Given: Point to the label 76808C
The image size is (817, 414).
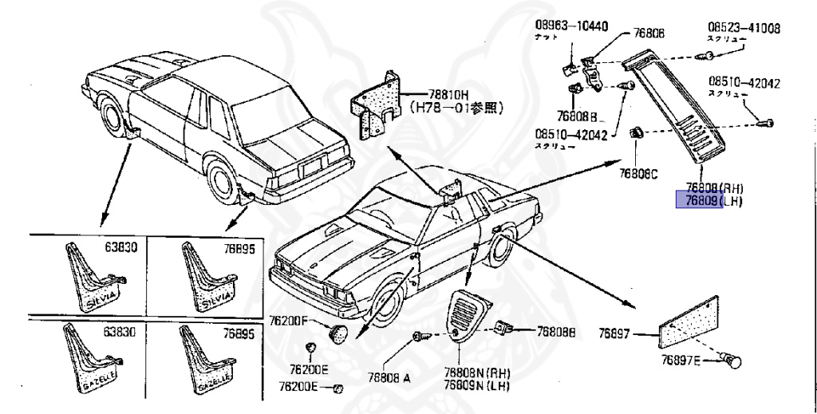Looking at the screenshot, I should pyautogui.click(x=638, y=173).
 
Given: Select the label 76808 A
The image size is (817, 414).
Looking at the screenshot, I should pyautogui.click(x=389, y=379).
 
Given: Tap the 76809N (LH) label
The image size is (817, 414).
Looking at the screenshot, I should pyautogui.click(x=476, y=386).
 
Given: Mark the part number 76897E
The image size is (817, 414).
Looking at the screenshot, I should pyautogui.click(x=680, y=361).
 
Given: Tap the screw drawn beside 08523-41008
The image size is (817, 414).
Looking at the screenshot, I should pyautogui.click(x=704, y=56).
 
